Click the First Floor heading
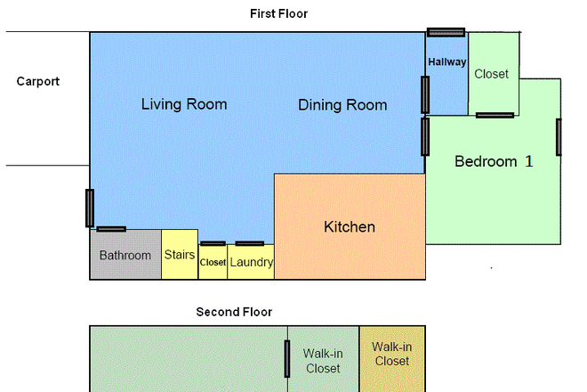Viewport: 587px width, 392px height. pyautogui.click(x=279, y=13)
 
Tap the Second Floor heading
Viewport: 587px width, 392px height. pyautogui.click(x=234, y=312)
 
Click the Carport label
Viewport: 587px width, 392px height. pyautogui.click(x=38, y=81)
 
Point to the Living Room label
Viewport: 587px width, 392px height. pyautogui.click(x=184, y=104)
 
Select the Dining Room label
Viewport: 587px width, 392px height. pyautogui.click(x=342, y=105)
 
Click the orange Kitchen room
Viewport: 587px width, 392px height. pyautogui.click(x=349, y=227)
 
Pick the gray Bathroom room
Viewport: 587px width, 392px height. pyautogui.click(x=125, y=255)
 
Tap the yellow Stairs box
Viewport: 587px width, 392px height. pyautogui.click(x=180, y=255)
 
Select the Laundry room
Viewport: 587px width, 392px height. pyautogui.click(x=251, y=263)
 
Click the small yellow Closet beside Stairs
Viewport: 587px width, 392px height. pyautogui.click(x=213, y=263)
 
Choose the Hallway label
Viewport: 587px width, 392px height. pyautogui.click(x=446, y=62)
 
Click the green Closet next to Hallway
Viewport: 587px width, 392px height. pyautogui.click(x=492, y=74)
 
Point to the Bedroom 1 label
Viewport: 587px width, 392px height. pyautogui.click(x=494, y=162)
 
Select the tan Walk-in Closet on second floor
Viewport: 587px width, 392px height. pyautogui.click(x=392, y=354)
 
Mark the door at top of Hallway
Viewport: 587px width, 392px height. pyautogui.click(x=446, y=32)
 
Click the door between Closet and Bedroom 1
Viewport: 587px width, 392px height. pyautogui.click(x=495, y=115)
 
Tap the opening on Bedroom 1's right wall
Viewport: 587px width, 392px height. pyautogui.click(x=559, y=136)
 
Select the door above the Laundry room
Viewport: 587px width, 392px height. pyautogui.click(x=249, y=243)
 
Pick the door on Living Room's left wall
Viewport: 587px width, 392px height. pyautogui.click(x=89, y=208)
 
